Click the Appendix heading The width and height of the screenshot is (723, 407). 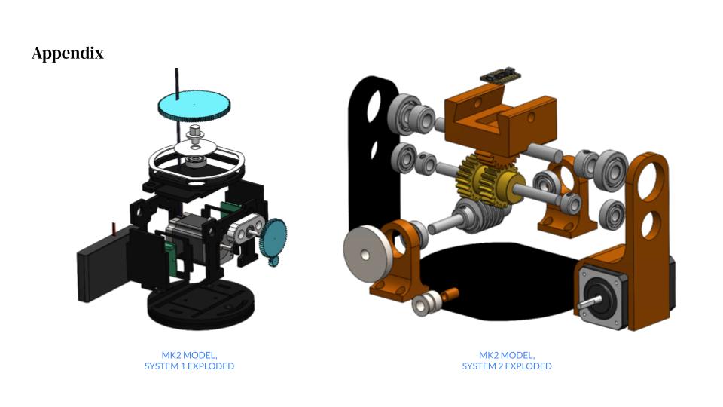point(68,54)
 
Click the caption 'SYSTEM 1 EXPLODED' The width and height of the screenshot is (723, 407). point(189,366)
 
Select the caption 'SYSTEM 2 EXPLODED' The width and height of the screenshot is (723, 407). point(507,366)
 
